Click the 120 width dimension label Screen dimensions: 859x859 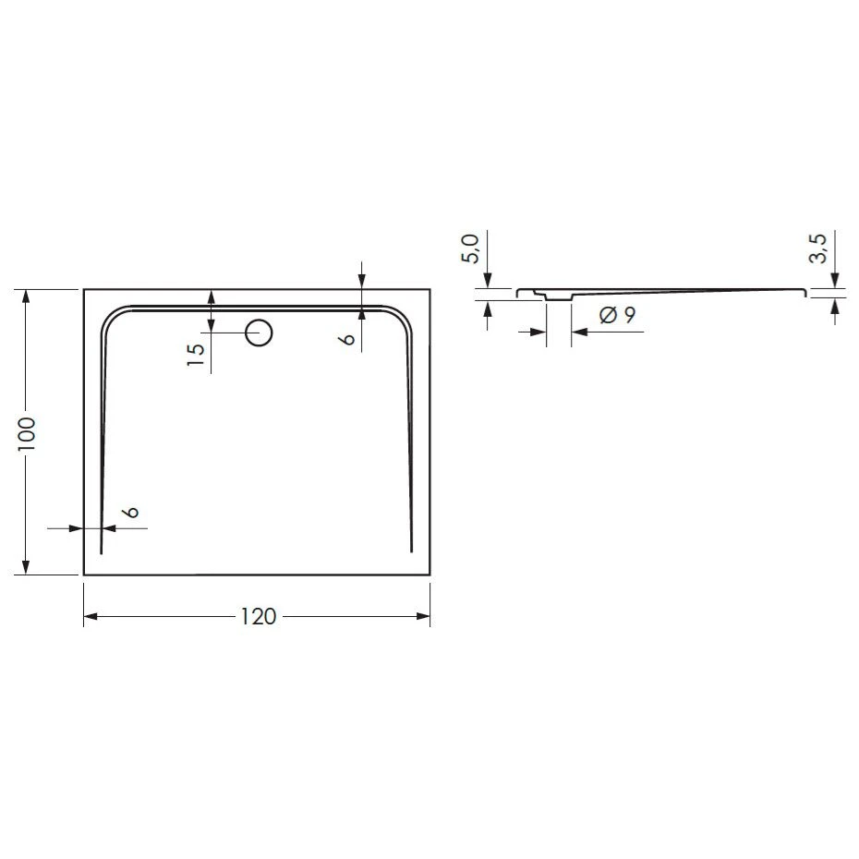pyautogui.click(x=259, y=617)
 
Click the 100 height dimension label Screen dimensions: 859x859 pyautogui.click(x=28, y=432)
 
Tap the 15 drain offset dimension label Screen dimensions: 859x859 pyautogui.click(x=195, y=355)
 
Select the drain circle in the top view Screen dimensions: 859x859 pyautogui.click(x=260, y=332)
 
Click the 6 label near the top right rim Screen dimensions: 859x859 pyautogui.click(x=346, y=339)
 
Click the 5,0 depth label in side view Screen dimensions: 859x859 pyautogui.click(x=470, y=248)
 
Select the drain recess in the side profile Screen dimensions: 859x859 pyautogui.click(x=558, y=296)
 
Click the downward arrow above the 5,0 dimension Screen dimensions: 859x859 pyautogui.click(x=488, y=281)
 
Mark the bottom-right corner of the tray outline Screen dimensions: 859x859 pyautogui.click(x=430, y=575)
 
